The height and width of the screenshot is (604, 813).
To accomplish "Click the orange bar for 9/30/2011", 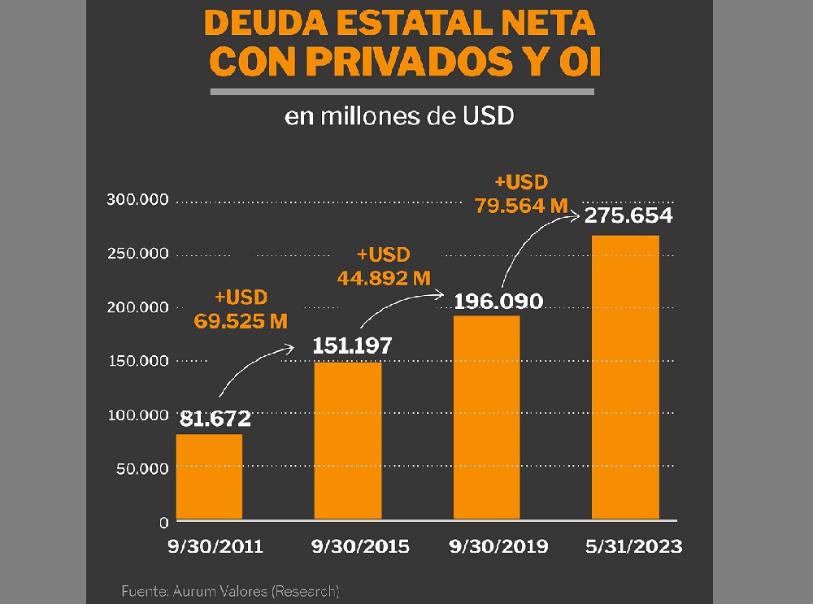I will [209, 477].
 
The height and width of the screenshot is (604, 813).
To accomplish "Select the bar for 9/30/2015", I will [348, 441].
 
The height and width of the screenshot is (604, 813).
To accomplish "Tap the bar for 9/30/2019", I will [486, 417].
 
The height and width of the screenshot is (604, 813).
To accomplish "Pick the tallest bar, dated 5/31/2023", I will [625, 377].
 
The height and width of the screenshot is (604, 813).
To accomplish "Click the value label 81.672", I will [215, 419].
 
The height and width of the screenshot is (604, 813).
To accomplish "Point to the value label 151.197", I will [353, 345].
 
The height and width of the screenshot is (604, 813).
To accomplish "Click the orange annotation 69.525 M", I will [241, 320].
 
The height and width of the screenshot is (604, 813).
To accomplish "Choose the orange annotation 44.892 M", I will [383, 277].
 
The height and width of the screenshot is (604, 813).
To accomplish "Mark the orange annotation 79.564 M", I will [520, 205].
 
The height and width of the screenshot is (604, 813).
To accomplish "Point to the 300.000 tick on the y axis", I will [137, 201].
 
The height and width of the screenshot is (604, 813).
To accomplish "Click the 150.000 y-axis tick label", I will [137, 361].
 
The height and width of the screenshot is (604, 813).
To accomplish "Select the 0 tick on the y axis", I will [163, 521].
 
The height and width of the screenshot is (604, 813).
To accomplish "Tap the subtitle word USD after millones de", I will [488, 116].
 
